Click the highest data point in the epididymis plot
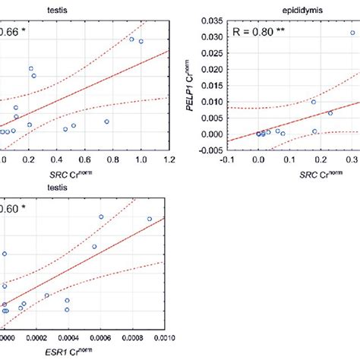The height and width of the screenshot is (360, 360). pyautogui.click(x=352, y=33)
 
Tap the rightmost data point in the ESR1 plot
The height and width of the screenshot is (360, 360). pyautogui.click(x=150, y=219)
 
